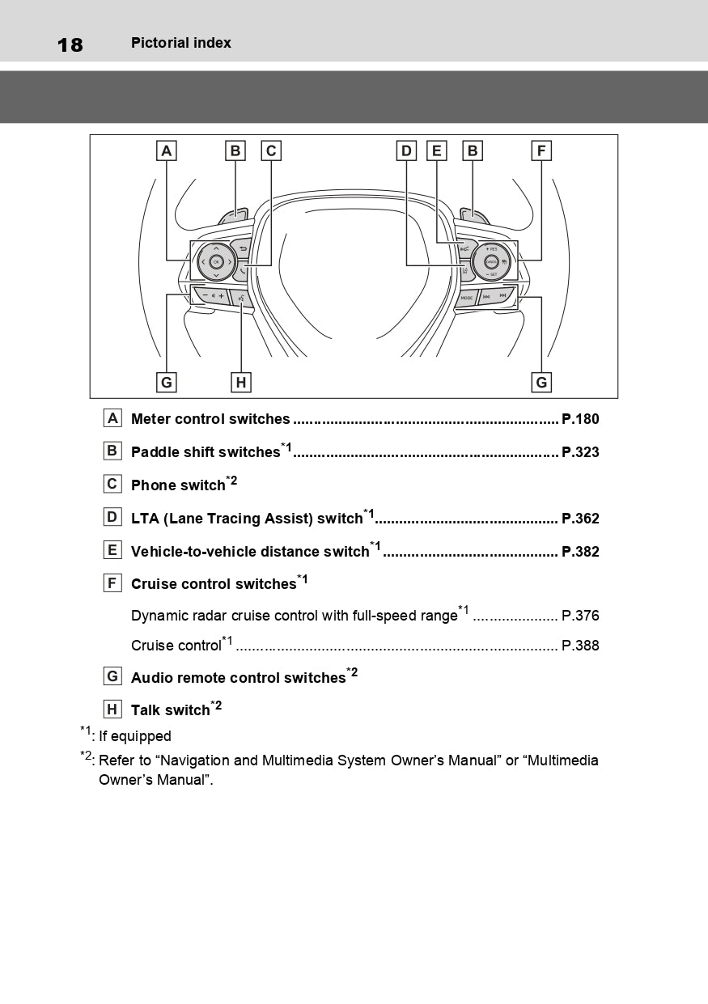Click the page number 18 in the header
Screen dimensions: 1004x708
pyautogui.click(x=70, y=44)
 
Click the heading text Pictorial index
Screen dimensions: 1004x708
pyautogui.click(x=180, y=43)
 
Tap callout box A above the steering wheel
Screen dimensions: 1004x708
pyautogui.click(x=166, y=150)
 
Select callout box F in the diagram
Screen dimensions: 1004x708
pyautogui.click(x=541, y=150)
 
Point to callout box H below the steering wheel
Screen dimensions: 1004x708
pyautogui.click(x=240, y=382)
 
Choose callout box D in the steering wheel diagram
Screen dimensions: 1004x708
pyautogui.click(x=406, y=150)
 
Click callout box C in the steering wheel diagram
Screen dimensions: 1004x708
pyautogui.click(x=271, y=150)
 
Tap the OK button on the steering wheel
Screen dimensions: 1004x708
pyautogui.click(x=216, y=262)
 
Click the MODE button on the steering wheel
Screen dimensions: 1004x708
pyautogui.click(x=467, y=298)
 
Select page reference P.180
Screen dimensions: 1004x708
pyautogui.click(x=580, y=419)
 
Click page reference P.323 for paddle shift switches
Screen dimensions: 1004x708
pyautogui.click(x=580, y=452)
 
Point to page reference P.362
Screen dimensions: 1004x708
pyautogui.click(x=580, y=519)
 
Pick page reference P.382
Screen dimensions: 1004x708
pyautogui.click(x=580, y=552)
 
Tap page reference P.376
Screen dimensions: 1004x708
pyautogui.click(x=580, y=616)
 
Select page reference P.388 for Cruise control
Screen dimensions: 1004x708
pyautogui.click(x=580, y=646)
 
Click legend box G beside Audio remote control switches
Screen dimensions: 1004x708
pyautogui.click(x=112, y=676)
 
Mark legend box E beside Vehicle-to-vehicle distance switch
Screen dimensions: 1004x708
pyautogui.click(x=112, y=550)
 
